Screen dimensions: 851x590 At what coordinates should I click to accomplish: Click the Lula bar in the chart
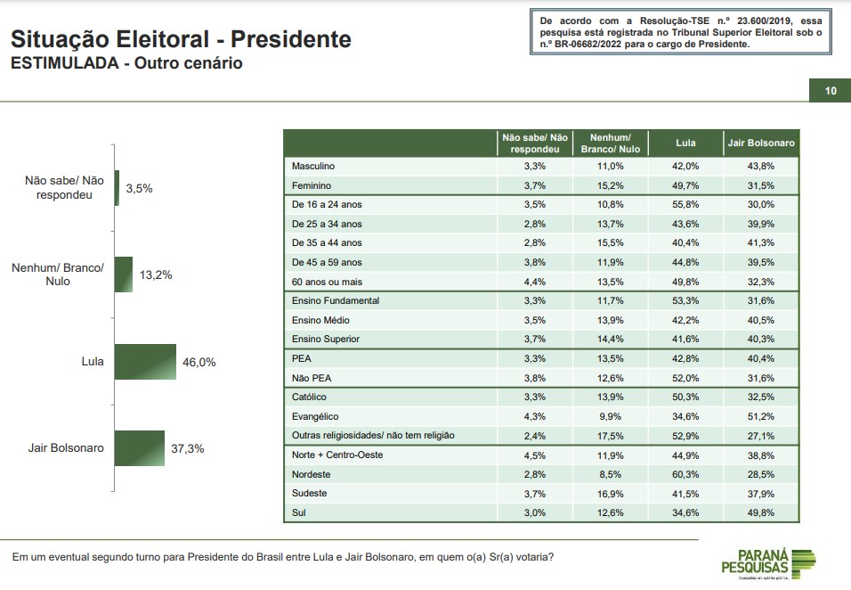pos(145,361)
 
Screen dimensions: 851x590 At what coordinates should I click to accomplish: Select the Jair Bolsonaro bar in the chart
pos(140,448)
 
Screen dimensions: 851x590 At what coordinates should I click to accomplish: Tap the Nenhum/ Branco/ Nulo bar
pos(124,275)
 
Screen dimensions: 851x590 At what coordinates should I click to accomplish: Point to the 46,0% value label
pos(199,362)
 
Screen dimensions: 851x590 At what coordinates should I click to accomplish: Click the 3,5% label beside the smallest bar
pos(140,189)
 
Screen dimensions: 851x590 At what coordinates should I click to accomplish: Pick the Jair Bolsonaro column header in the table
pos(761,143)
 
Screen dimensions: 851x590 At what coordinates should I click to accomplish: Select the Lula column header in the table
pos(685,143)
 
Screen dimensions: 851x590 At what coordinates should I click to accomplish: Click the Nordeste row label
pos(311,474)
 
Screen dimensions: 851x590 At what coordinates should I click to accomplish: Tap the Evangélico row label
pos(315,417)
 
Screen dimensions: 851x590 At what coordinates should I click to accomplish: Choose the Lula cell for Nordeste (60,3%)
pos(685,474)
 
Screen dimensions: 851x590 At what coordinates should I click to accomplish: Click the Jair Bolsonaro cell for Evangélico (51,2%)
pos(761,417)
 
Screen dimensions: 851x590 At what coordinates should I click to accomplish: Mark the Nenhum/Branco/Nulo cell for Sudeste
pos(611,494)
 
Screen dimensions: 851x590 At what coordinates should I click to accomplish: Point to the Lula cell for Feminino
pos(685,185)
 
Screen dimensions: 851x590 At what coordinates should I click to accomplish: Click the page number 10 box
pos(830,91)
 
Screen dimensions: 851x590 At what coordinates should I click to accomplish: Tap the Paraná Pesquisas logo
pos(768,564)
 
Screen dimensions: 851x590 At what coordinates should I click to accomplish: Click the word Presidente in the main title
pos(291,39)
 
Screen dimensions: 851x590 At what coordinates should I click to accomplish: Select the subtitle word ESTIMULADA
pos(65,63)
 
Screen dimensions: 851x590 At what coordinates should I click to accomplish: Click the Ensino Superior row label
pos(326,339)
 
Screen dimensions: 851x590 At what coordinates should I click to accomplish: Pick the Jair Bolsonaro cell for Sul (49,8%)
pos(761,512)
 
